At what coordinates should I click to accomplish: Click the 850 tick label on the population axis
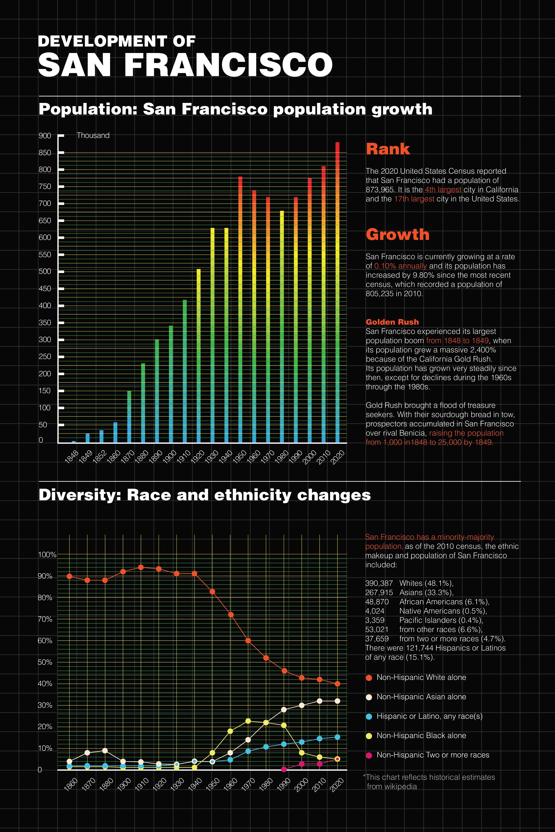(45, 153)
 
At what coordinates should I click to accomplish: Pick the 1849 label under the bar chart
(85, 456)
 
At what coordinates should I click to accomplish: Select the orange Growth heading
(397, 235)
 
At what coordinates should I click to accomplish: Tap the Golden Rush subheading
(392, 322)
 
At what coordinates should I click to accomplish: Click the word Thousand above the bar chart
(93, 135)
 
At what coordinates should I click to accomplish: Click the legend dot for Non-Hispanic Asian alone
(369, 697)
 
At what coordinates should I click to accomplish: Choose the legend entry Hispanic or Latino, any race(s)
(429, 716)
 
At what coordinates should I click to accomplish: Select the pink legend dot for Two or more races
(369, 755)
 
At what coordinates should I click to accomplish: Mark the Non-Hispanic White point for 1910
(141, 567)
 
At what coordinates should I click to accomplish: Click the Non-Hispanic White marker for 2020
(337, 684)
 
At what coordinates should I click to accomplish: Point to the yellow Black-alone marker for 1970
(248, 721)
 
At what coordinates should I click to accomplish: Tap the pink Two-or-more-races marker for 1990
(284, 769)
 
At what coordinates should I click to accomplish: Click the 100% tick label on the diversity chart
(47, 555)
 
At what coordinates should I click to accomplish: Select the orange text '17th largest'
(414, 199)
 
